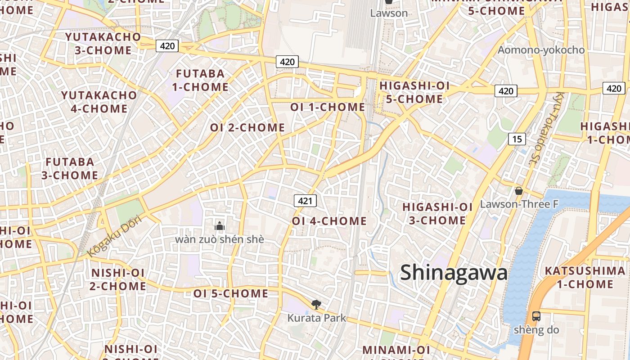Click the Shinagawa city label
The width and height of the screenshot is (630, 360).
(454, 273)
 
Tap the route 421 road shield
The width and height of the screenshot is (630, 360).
(305, 201)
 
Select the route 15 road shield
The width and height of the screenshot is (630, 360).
(517, 139)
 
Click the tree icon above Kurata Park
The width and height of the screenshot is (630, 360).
(316, 305)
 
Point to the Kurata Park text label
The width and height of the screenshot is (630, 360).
(317, 318)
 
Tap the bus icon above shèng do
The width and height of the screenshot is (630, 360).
(536, 316)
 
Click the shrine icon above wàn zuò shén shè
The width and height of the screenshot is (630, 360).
(220, 225)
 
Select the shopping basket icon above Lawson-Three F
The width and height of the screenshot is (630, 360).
(519, 191)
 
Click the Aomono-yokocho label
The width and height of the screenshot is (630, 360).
(541, 50)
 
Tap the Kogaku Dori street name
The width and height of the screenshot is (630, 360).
(114, 236)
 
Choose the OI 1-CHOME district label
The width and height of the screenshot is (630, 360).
(328, 107)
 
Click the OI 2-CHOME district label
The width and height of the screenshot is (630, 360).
(247, 127)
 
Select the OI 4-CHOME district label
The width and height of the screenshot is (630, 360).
(329, 221)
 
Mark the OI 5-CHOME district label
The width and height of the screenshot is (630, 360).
(231, 293)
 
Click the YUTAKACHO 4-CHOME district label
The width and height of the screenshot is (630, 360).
(99, 102)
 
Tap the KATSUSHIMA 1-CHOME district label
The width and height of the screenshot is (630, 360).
(578, 277)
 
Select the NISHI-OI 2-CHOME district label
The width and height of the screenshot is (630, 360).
(118, 279)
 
